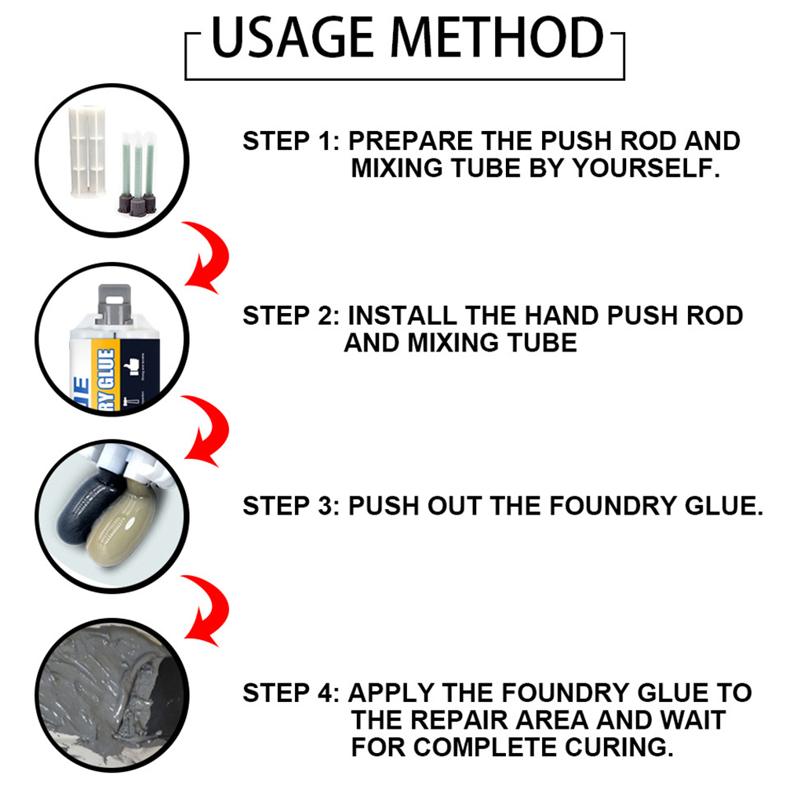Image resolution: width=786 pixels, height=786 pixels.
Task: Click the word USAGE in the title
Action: pos(293,38)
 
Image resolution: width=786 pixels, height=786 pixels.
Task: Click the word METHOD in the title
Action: pos(497,38)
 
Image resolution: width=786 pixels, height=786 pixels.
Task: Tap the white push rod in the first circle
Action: pos(87,151)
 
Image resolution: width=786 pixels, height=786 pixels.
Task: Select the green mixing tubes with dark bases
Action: pos(137,173)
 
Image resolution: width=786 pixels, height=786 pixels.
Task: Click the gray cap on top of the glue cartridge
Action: pos(115,304)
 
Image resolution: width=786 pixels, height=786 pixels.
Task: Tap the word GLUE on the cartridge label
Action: pos(106,369)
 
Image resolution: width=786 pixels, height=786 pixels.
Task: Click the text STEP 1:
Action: pos(291,141)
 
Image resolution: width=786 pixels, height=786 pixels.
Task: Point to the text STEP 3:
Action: pos(291,506)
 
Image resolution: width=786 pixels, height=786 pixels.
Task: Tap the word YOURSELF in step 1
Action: pos(646,168)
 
